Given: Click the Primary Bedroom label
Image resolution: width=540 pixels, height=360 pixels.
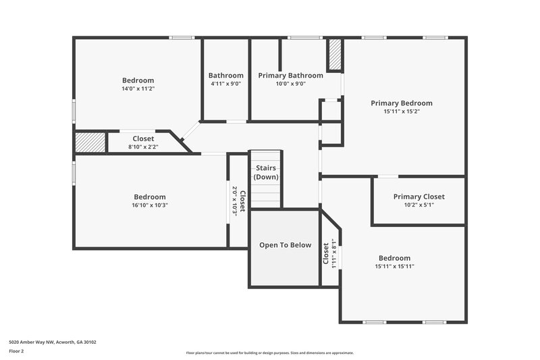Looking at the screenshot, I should tap(401, 103).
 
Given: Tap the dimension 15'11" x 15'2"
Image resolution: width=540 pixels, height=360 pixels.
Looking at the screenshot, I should tap(401, 112).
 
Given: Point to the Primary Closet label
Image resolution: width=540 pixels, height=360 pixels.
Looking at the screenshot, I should tap(418, 197).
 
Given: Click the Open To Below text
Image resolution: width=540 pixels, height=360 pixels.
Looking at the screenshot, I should tap(285, 245).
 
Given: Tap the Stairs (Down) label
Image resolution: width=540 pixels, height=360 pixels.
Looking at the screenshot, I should tap(266, 172).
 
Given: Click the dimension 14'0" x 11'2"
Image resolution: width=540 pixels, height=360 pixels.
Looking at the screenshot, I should tap(138, 88).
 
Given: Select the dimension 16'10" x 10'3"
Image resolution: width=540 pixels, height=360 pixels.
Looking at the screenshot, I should tap(149, 205).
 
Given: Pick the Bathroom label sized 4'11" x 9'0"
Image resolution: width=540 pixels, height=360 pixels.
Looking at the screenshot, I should tap(225, 76).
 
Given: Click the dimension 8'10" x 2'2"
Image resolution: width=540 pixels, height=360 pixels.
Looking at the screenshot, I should tap(142, 147).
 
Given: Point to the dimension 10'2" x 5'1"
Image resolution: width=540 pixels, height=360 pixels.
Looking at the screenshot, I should tap(418, 205).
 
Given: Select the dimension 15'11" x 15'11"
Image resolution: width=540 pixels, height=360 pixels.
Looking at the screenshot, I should tap(394, 267).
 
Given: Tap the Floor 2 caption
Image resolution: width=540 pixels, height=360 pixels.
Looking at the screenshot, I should tap(16, 352).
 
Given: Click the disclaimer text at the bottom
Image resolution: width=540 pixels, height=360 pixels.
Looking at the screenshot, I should tap(269, 353).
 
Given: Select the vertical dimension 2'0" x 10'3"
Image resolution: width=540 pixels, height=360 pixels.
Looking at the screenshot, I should tap(235, 200).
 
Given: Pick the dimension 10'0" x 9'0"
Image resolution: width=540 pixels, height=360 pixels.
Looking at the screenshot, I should tap(290, 84).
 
